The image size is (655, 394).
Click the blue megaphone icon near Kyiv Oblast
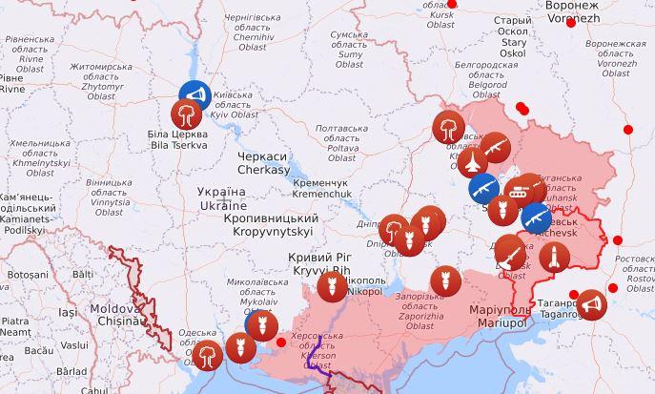pyautogui.click(x=194, y=94)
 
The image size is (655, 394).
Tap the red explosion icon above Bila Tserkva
pyautogui.click(x=186, y=115)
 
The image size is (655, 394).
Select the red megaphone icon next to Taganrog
pyautogui.click(x=591, y=304)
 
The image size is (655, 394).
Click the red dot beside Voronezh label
pyautogui.click(x=571, y=22)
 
